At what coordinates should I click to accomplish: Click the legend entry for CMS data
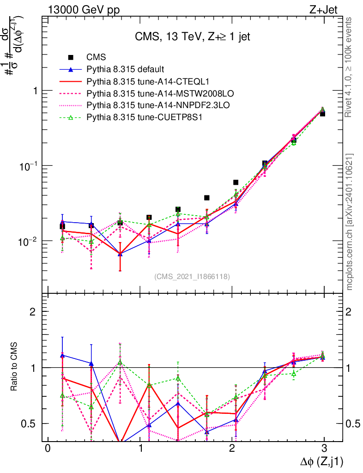pyautogui.click(x=97, y=57)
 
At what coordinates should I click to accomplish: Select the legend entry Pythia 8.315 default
pyautogui.click(x=125, y=70)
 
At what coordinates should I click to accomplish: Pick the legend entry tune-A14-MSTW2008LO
pyautogui.click(x=145, y=94)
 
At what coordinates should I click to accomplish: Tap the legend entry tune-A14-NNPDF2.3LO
pyautogui.click(x=145, y=106)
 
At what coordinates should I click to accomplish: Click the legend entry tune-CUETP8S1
pyautogui.click(x=139, y=118)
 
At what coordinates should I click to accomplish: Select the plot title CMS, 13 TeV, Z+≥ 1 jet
pyautogui.click(x=192, y=36)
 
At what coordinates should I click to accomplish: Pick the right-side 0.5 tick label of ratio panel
pyautogui.click(x=353, y=424)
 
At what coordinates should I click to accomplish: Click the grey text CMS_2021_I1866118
pyautogui.click(x=192, y=277)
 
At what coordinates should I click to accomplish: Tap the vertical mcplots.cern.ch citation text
pyautogui.click(x=350, y=222)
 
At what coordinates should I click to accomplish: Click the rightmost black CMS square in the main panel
pyautogui.click(x=322, y=113)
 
